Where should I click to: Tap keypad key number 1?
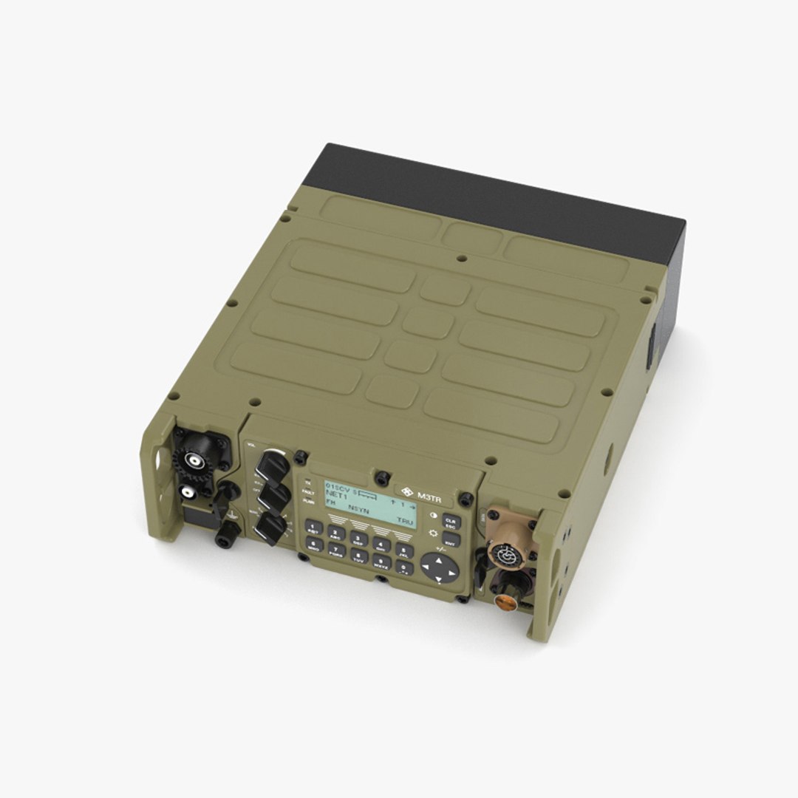click(313, 527)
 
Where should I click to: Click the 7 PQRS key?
click(336, 550)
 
